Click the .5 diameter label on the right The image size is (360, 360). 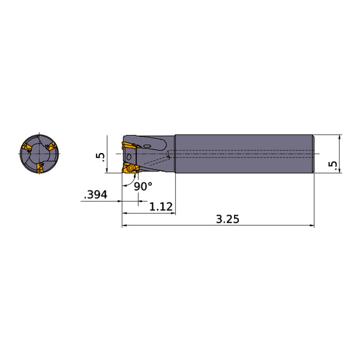click(332, 164)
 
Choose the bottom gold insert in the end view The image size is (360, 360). click(38, 168)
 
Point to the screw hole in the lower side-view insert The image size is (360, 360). click(130, 168)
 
